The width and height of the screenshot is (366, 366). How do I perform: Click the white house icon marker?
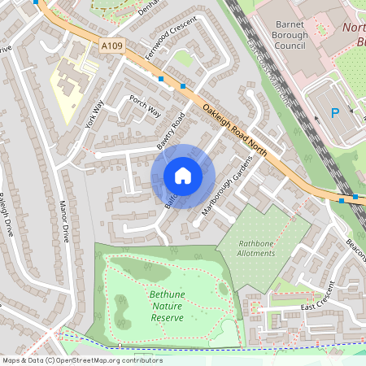(x=183, y=176)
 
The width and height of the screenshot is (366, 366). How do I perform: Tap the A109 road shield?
(x=112, y=46)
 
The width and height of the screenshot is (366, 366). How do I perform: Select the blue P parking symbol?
(x=335, y=115)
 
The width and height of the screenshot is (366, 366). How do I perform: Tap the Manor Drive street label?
(x=63, y=222)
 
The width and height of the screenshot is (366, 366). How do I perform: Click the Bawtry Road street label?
(x=172, y=130)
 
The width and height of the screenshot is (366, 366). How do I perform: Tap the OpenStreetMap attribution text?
(x=81, y=359)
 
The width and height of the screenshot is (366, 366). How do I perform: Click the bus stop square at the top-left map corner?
(x=36, y=2)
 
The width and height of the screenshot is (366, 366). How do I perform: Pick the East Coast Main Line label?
(x=268, y=69)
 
